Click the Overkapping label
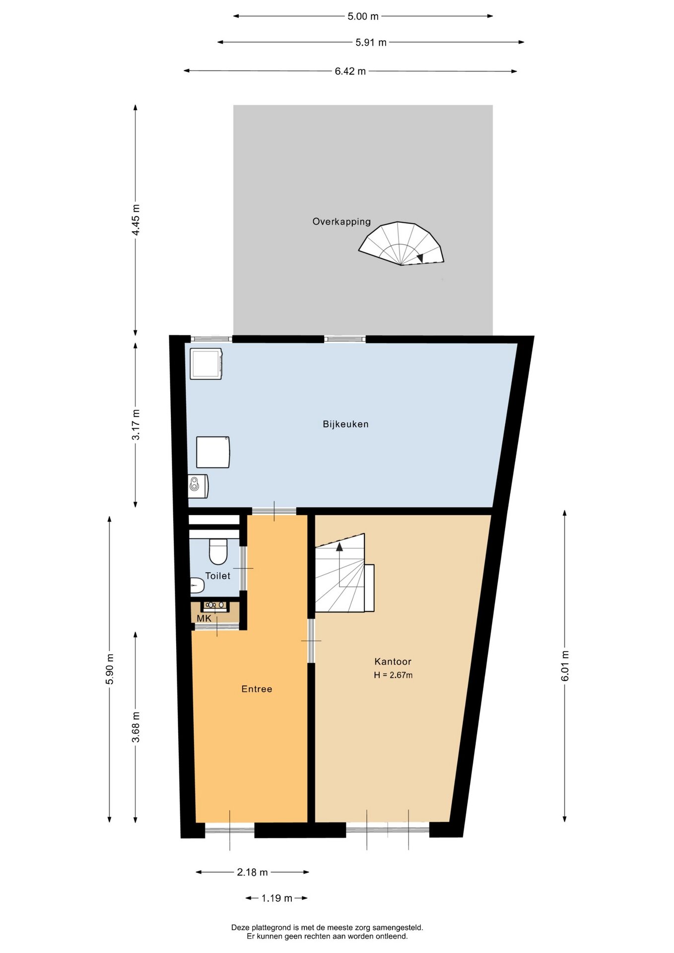(x=341, y=222)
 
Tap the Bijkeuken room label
(x=345, y=424)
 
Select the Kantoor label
(x=393, y=662)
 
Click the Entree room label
(x=257, y=689)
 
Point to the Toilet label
(x=218, y=576)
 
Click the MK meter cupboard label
(x=204, y=618)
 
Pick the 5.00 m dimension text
(x=363, y=16)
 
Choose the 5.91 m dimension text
(x=371, y=43)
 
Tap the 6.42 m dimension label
(x=350, y=71)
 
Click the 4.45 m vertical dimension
(x=135, y=220)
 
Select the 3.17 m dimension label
(x=135, y=424)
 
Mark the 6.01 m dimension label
(x=565, y=666)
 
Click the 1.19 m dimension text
(x=277, y=898)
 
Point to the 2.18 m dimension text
(x=252, y=872)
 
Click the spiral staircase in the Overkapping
(x=401, y=244)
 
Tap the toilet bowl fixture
(x=218, y=551)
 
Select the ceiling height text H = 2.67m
(x=393, y=675)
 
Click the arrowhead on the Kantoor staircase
(x=339, y=547)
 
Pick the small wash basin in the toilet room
(x=197, y=586)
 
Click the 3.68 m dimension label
(x=135, y=727)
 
